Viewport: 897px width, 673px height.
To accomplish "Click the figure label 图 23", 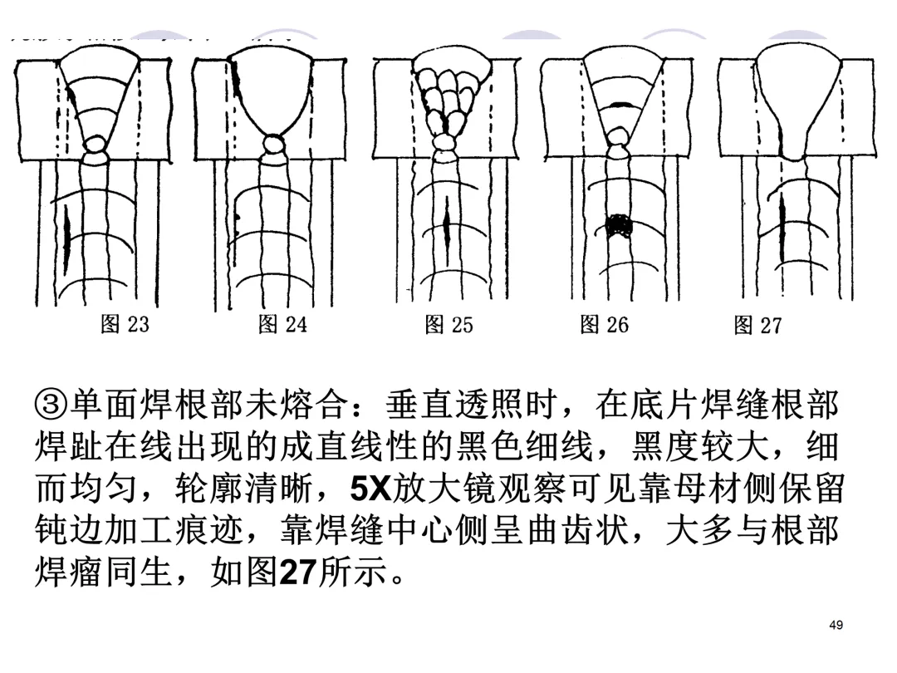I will pos(125,324).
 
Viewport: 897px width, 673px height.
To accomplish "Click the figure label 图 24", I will pos(282,324).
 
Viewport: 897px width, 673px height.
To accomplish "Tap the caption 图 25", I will pos(448,324).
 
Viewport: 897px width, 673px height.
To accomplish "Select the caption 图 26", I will pos(604,324).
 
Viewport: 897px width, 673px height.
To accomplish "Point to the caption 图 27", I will pos(757,325).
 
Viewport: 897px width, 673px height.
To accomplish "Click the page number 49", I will pos(836,625).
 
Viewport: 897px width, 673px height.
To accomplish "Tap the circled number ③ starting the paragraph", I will pos(51,406).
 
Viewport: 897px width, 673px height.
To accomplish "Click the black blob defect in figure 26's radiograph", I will pos(616,226).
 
